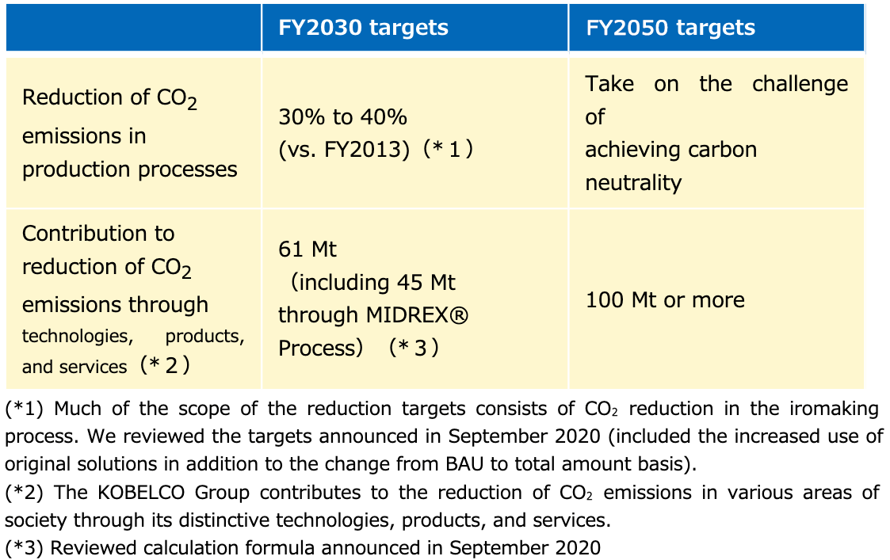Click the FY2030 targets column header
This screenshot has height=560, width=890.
click(x=363, y=28)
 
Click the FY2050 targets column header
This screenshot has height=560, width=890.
click(x=670, y=28)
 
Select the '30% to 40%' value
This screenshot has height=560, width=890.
click(x=343, y=117)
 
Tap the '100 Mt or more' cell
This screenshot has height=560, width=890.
click(x=665, y=300)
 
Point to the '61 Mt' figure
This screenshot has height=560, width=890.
click(x=307, y=249)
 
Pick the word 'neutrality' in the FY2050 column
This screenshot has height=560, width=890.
click(x=633, y=183)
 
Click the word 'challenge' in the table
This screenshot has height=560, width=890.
click(x=800, y=84)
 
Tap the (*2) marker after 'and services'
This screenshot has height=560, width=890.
click(x=165, y=365)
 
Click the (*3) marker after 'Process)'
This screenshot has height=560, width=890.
click(x=414, y=348)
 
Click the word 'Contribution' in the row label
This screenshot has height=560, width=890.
click(x=98, y=234)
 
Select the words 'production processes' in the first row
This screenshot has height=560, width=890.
click(x=129, y=170)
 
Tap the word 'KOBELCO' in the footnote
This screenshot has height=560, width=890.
click(x=141, y=493)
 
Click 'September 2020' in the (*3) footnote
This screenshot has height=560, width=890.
click(x=525, y=548)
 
